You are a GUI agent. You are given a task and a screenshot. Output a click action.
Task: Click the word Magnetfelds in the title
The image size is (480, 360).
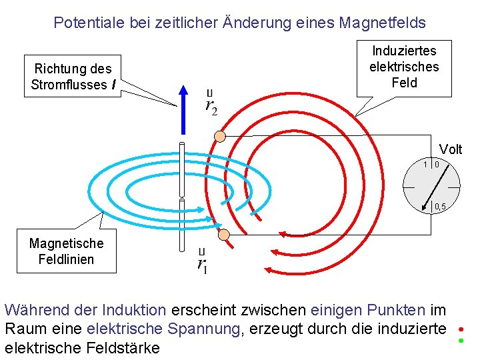382,23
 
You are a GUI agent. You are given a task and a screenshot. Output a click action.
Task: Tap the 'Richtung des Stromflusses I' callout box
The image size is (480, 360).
73,76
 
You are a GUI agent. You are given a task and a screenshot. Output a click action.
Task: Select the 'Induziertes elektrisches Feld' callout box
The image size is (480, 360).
404,67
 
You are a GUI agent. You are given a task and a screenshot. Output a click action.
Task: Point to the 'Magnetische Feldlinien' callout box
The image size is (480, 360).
66,251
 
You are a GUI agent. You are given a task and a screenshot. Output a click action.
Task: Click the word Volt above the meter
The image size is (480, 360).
451,149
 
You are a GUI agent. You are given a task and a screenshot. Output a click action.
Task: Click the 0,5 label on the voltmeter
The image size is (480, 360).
441,207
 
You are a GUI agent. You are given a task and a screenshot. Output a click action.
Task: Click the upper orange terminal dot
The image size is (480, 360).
219,136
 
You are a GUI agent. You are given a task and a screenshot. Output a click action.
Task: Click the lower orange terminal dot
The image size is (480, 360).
224,234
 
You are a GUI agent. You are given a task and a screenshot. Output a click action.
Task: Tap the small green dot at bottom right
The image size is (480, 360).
461,341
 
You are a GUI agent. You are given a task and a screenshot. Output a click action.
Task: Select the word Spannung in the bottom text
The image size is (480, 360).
208,329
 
